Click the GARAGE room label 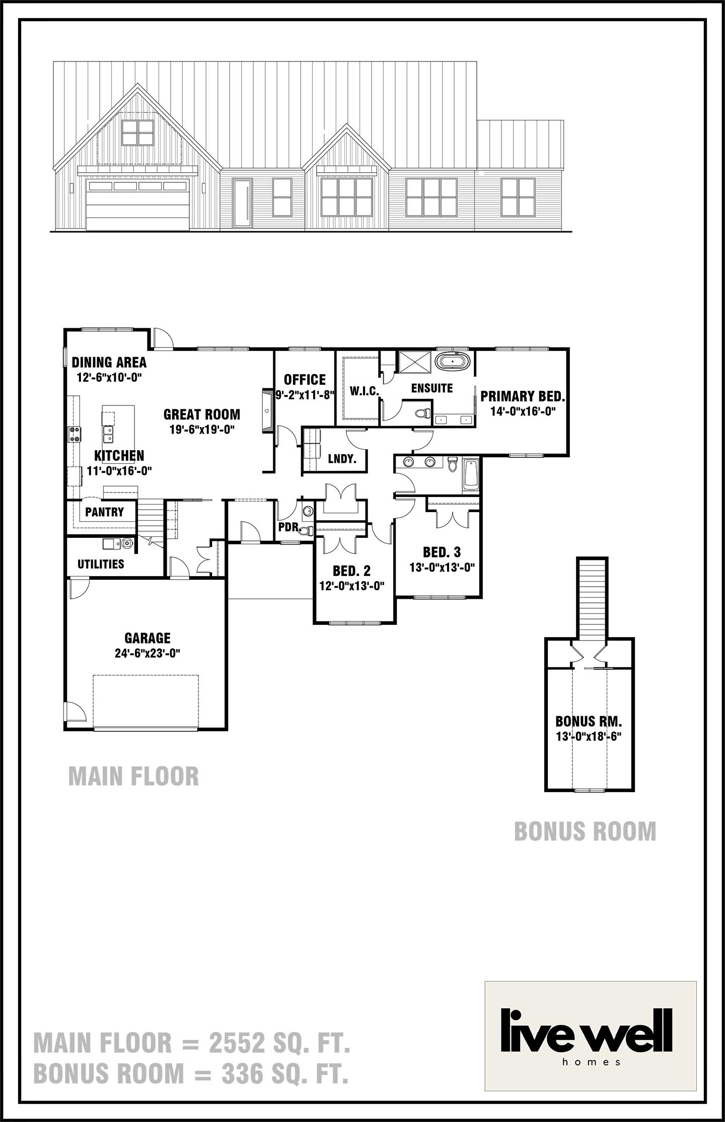coord(148,638)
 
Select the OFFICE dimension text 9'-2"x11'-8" coord(305,395)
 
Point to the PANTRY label coord(104,512)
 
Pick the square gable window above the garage coord(137,132)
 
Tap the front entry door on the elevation coord(242,203)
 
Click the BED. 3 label coord(442,552)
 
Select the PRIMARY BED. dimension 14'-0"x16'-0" coord(523,411)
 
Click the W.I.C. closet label coord(365,391)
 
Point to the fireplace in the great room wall coord(266,411)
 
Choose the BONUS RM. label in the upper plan coord(589,721)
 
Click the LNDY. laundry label coord(342,459)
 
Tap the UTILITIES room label coord(101,564)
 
